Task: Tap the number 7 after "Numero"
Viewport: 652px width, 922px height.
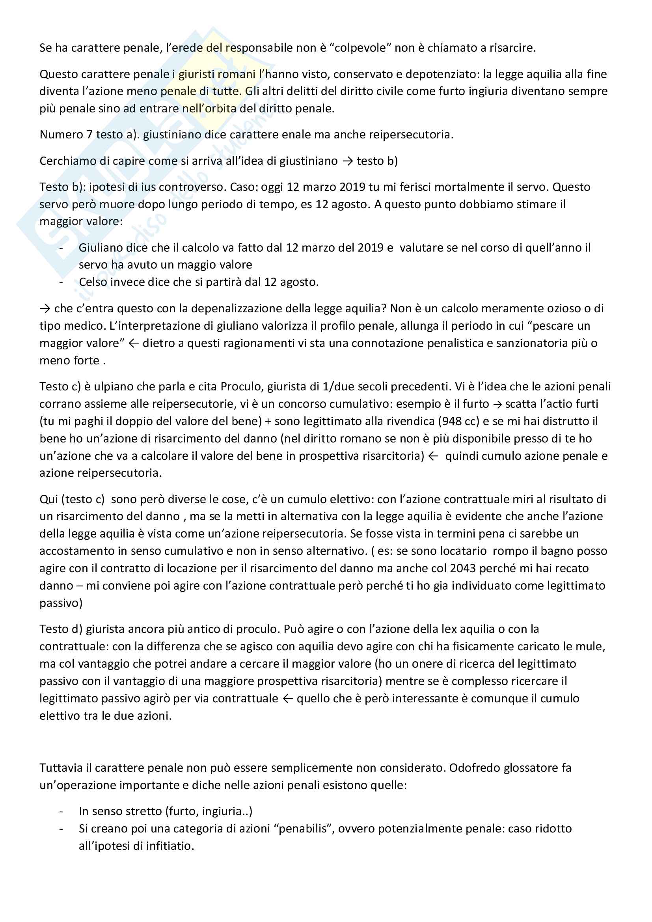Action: [89, 134]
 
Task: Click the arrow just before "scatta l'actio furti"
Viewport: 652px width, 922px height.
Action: [498, 404]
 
